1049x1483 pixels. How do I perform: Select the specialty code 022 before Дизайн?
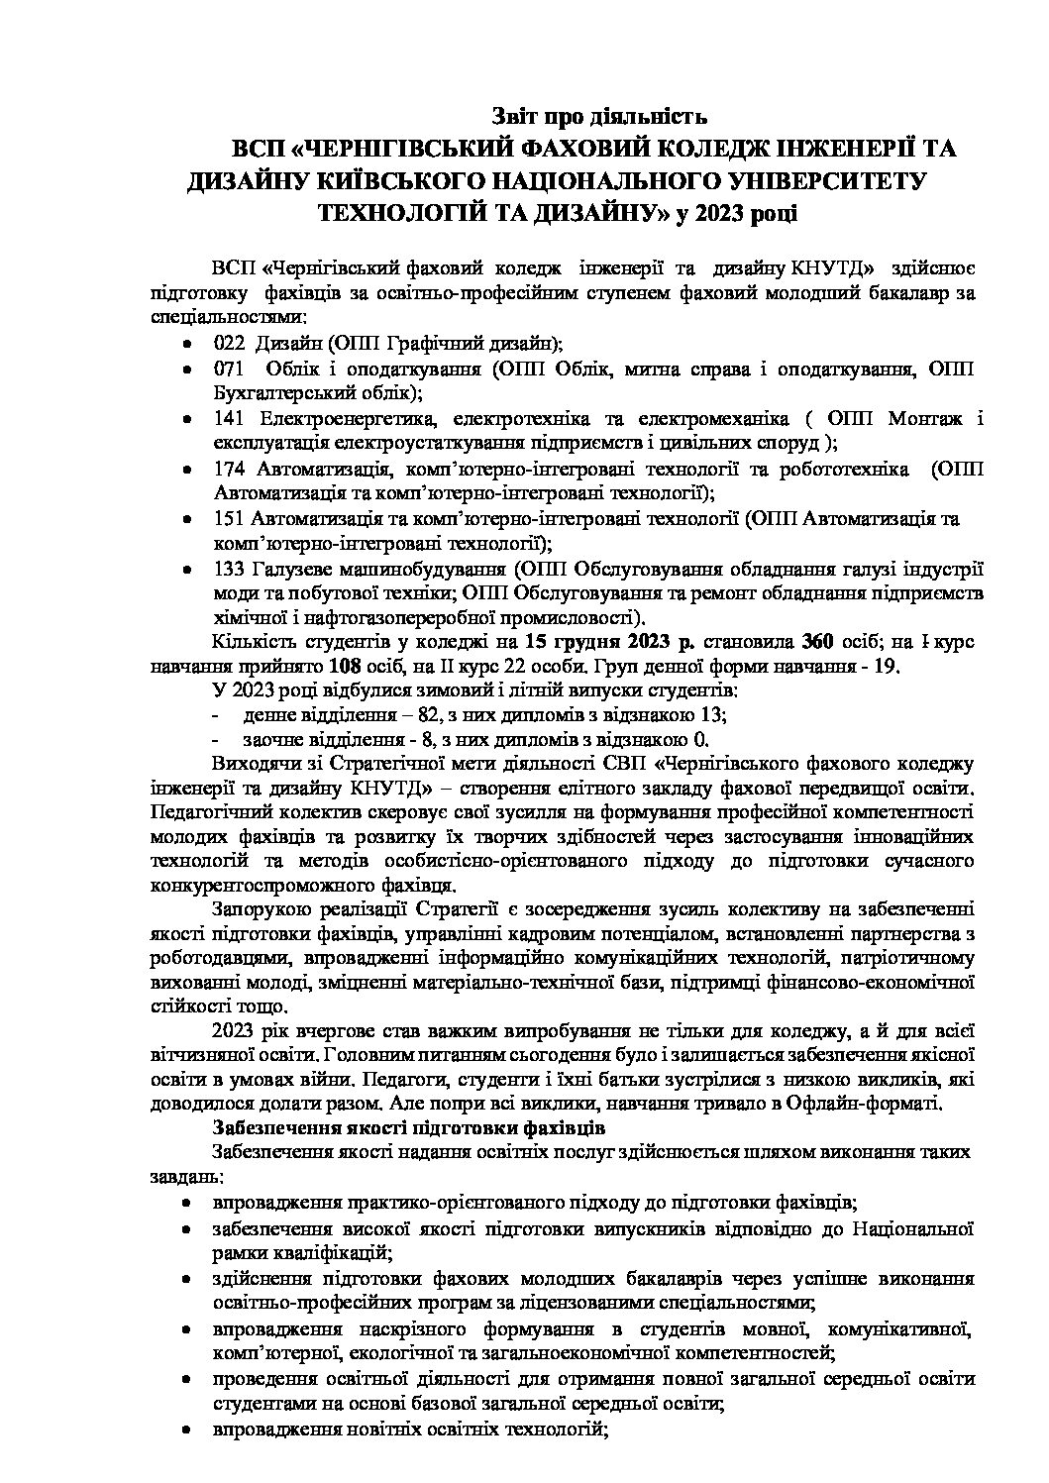pyautogui.click(x=228, y=344)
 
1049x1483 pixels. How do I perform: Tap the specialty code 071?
pyautogui.click(x=228, y=370)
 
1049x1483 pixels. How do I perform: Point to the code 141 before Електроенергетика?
pyautogui.click(x=228, y=418)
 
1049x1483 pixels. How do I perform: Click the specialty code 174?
pyautogui.click(x=228, y=468)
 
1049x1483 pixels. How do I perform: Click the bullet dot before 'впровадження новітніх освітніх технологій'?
pyautogui.click(x=187, y=1430)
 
